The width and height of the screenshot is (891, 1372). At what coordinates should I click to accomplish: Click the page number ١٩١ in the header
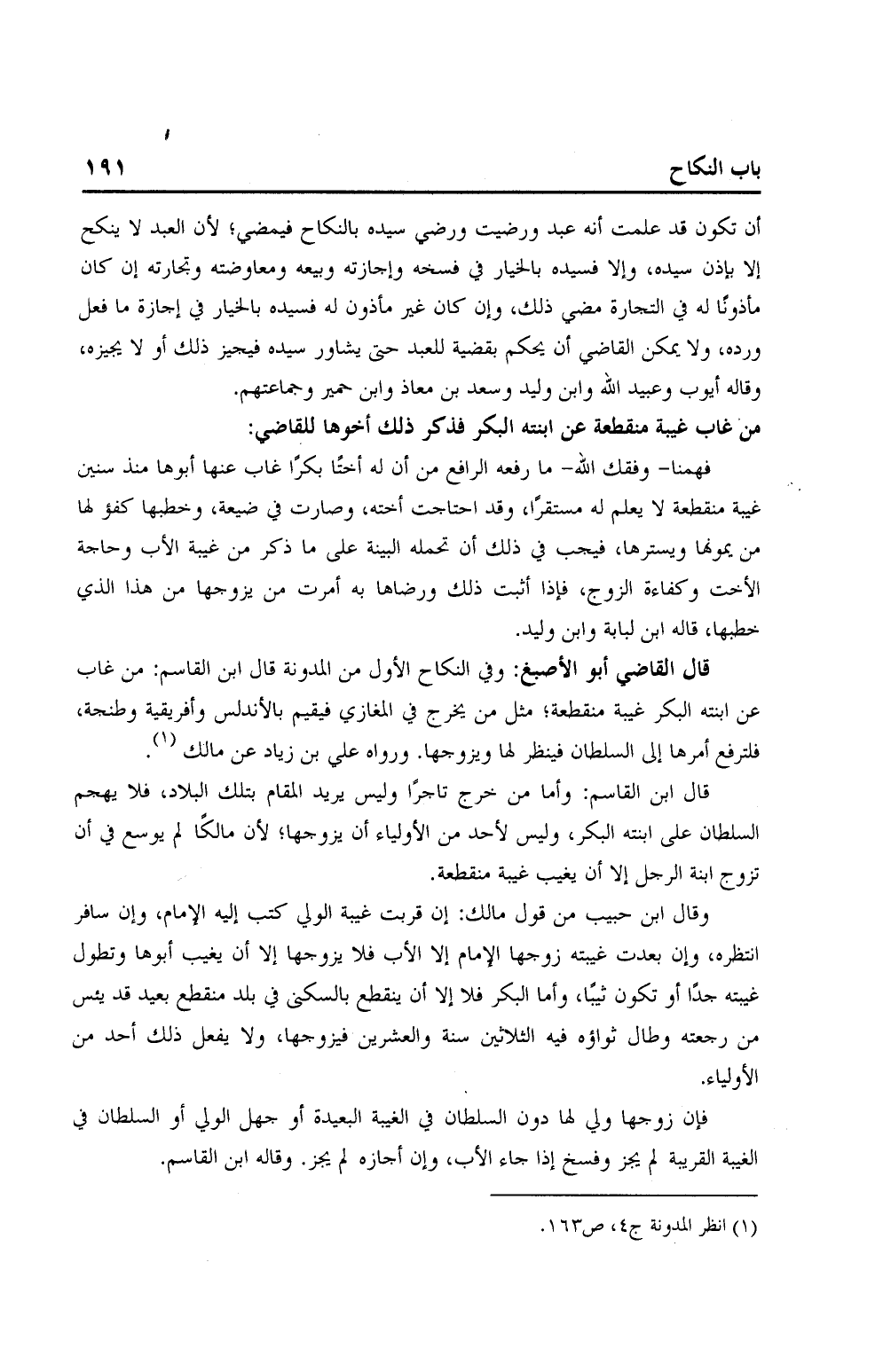click(x=107, y=168)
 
